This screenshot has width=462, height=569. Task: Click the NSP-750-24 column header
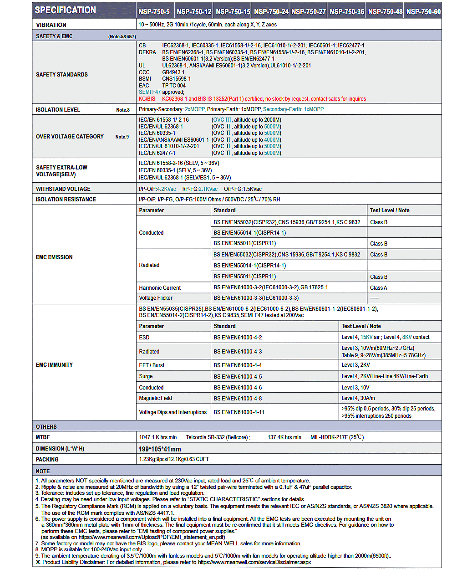point(271,11)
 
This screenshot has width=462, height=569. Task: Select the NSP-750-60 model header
point(423,11)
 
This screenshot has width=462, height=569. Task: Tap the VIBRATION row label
point(51,25)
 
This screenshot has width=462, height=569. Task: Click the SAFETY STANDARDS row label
point(62,75)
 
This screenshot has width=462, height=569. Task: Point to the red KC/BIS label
point(147,99)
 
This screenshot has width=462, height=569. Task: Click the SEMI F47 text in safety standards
point(150,92)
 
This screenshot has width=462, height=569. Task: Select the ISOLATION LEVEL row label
point(58,110)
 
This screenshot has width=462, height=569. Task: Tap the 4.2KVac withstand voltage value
point(167,189)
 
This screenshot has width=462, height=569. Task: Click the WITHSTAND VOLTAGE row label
point(63,189)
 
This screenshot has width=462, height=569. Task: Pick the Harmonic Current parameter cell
point(160,288)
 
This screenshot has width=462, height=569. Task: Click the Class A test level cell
point(379,288)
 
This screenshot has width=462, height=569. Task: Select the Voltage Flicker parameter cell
point(156,298)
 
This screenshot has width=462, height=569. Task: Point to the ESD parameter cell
point(144,338)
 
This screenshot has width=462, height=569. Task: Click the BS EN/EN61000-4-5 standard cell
point(238,377)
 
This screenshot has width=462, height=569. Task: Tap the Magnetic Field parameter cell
point(155,398)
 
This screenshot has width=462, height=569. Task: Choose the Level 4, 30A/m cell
point(358,398)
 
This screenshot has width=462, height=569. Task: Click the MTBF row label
point(43,437)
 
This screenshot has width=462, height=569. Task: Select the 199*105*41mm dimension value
point(160,449)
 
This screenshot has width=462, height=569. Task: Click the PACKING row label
point(47,460)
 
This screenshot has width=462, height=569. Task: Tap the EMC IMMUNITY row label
point(54,365)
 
